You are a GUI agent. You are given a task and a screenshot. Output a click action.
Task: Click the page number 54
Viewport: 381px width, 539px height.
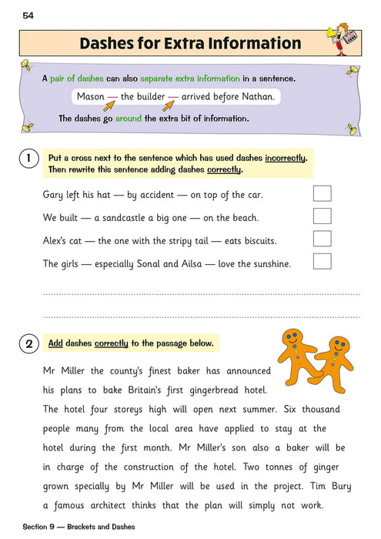pyautogui.click(x=28, y=15)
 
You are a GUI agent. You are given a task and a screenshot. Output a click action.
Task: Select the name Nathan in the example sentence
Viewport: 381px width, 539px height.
pyautogui.click(x=256, y=97)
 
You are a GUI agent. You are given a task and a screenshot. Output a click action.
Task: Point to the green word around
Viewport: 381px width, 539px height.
pyautogui.click(x=131, y=119)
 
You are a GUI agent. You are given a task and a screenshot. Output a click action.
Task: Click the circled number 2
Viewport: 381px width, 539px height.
pyautogui.click(x=28, y=343)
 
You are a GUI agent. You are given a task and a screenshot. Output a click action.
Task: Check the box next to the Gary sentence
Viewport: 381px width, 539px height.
pyautogui.click(x=323, y=193)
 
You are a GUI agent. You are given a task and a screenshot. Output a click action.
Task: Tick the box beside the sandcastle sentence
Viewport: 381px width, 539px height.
pyautogui.click(x=323, y=216)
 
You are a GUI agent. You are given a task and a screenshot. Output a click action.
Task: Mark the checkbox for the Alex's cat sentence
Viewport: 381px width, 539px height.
pyautogui.click(x=323, y=239)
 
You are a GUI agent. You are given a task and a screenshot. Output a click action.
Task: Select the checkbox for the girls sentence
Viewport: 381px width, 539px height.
pyautogui.click(x=323, y=263)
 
